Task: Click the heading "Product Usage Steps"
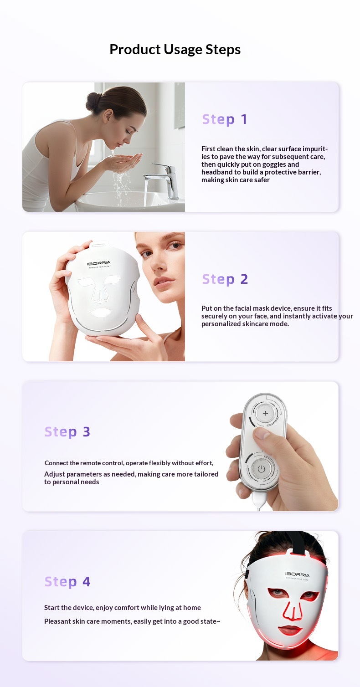(175, 50)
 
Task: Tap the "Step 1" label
(224, 120)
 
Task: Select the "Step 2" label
(225, 279)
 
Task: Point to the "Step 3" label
(67, 432)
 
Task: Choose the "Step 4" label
(67, 582)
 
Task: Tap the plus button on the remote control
(265, 413)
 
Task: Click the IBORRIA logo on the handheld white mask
(99, 263)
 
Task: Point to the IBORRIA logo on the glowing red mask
(297, 574)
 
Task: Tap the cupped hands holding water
(126, 160)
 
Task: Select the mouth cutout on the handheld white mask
(102, 313)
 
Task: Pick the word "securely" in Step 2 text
(214, 316)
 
